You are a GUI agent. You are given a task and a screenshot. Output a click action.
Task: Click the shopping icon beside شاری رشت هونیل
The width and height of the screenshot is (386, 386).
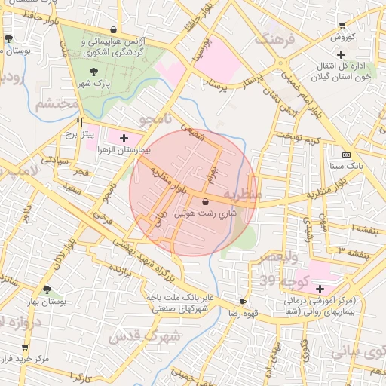tap(206, 201)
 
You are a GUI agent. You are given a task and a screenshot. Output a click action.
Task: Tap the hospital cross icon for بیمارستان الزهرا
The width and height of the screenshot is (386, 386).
tap(124, 138)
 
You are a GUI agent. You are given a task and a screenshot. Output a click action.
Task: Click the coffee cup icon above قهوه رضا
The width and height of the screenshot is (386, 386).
tap(243, 300)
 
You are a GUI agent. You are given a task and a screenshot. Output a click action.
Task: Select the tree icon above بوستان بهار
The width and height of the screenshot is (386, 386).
tap(47, 289)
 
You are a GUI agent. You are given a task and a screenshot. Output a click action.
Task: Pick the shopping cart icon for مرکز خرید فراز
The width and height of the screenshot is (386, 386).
tap(25, 348)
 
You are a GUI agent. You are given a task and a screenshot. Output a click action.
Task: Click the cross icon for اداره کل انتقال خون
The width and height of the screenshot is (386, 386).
tap(342, 54)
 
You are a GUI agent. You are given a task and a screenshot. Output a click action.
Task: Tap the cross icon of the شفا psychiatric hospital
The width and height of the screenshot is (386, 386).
tap(320, 289)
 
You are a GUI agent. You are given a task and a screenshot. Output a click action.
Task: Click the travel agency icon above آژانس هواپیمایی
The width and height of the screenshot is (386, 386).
tap(114, 31)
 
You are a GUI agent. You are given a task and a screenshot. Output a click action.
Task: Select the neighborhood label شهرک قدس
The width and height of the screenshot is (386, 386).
tap(143, 336)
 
